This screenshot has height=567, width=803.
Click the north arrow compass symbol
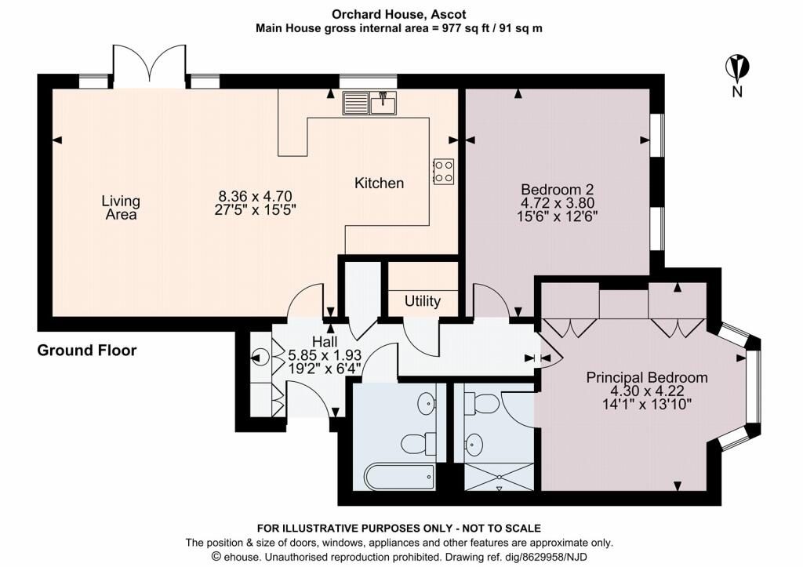(737, 67)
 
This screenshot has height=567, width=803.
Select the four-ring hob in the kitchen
(443, 172)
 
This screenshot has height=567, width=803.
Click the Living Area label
(120, 207)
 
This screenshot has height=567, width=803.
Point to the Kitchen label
(380, 184)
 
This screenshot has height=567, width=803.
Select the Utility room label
(423, 301)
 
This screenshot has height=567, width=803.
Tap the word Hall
(325, 342)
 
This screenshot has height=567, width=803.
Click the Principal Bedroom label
(647, 377)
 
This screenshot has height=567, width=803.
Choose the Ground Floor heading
(87, 351)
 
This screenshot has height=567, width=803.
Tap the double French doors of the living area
(149, 66)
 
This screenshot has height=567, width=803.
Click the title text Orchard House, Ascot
(401, 13)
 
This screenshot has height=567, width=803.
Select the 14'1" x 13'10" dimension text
(647, 405)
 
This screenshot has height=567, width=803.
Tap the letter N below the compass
(737, 92)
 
